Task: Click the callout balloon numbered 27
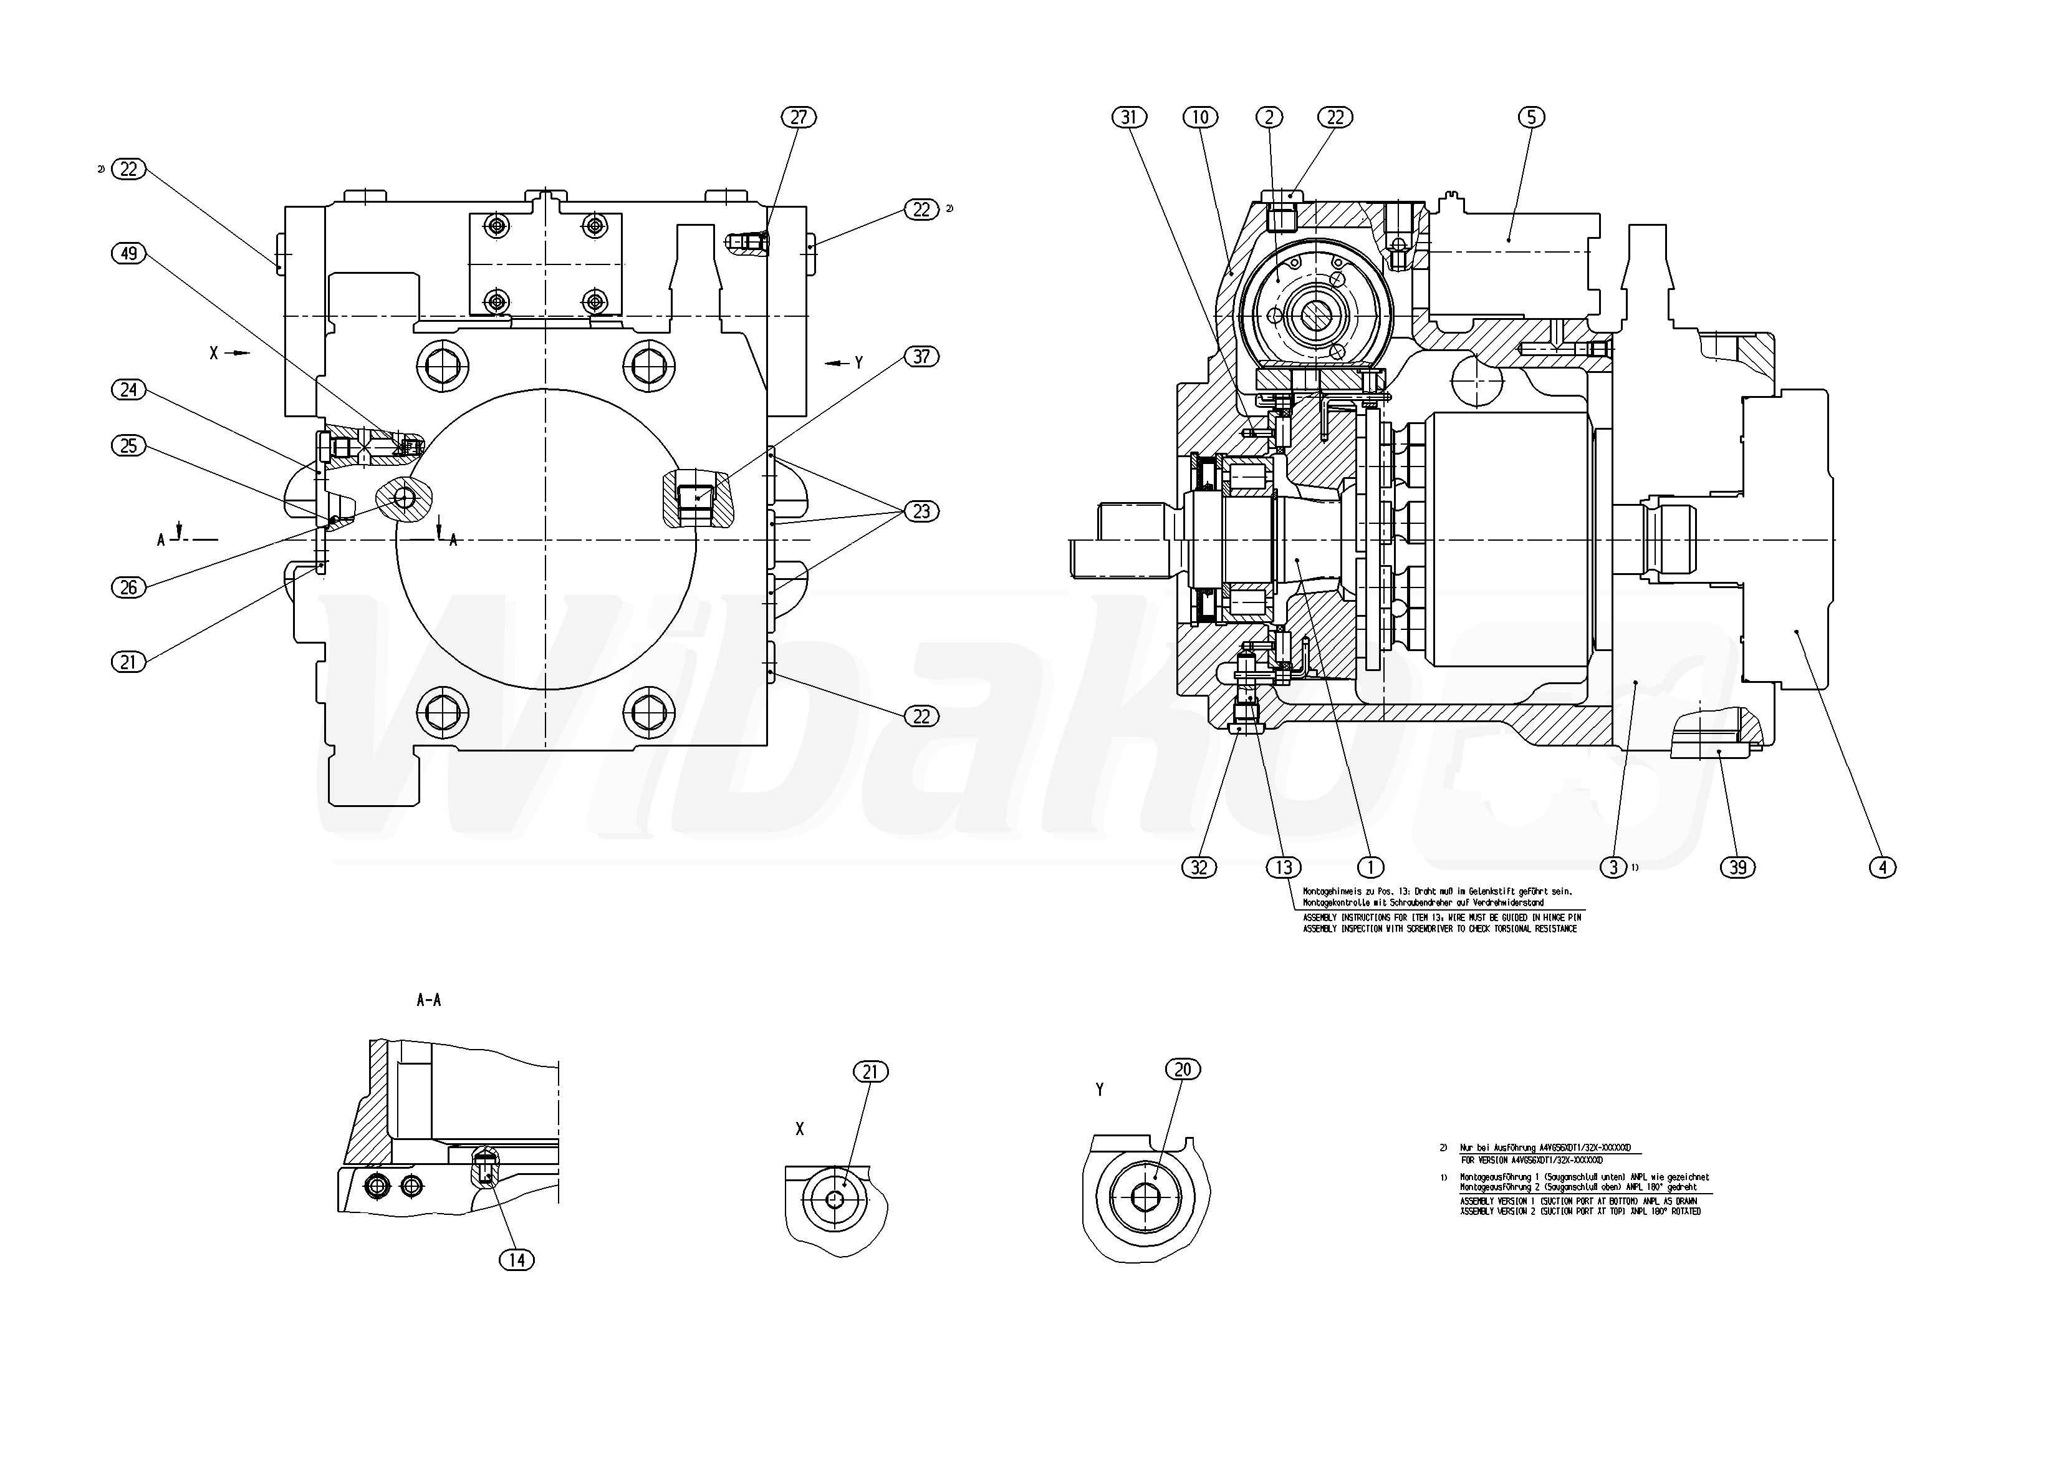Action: (798, 117)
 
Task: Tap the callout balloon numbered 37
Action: (921, 357)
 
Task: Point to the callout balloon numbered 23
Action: (921, 511)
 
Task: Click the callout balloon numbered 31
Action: (1130, 117)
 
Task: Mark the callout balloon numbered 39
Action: (1737, 867)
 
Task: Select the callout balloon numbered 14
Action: (516, 1260)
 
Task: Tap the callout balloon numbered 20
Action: (1183, 1070)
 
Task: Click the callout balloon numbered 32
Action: (1199, 867)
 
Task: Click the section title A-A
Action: (428, 1000)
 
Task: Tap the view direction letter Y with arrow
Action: (858, 363)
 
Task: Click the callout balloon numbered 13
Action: (1283, 867)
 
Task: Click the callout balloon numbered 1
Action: (1370, 867)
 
